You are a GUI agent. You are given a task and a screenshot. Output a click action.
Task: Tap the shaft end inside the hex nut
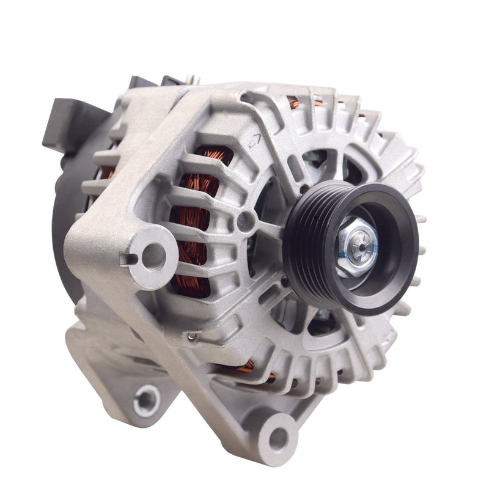[361, 248]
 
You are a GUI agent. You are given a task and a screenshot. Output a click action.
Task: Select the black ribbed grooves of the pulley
[306, 244]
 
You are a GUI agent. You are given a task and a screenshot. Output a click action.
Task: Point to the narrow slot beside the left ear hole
[128, 259]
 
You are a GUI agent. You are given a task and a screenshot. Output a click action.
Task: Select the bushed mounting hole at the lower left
[147, 401]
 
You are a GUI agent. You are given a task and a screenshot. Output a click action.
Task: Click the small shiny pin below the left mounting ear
[192, 336]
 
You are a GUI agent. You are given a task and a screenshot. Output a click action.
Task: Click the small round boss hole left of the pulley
[246, 221]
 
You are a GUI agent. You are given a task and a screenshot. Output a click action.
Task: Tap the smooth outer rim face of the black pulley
[403, 257]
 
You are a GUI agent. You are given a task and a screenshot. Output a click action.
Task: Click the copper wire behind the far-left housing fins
[110, 174]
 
